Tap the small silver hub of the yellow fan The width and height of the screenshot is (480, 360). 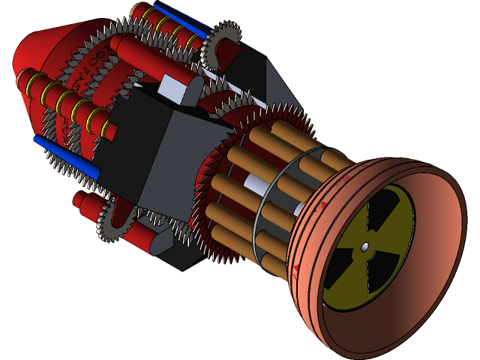(364, 247)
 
